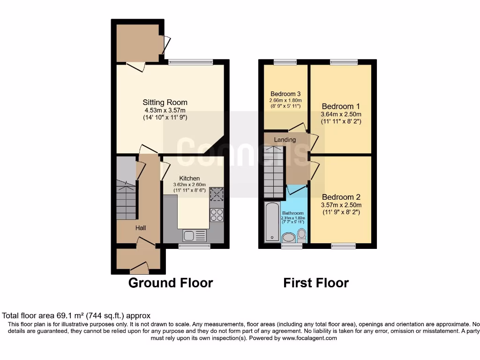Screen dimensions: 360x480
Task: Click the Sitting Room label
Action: (165, 102)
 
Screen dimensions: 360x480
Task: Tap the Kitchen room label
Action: (189, 178)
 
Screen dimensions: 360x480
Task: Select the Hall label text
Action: (141, 228)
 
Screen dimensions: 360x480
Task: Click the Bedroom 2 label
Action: (341, 197)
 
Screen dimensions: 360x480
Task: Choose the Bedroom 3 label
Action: (285, 94)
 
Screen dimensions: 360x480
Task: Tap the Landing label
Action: (285, 140)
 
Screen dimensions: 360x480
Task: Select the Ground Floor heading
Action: (171, 283)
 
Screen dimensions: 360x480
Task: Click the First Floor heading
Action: (316, 283)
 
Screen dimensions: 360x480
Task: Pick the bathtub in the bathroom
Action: (271, 222)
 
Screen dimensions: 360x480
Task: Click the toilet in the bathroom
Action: (302, 234)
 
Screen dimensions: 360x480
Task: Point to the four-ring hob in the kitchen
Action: (217, 215)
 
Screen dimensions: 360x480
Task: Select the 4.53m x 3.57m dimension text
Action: (165, 111)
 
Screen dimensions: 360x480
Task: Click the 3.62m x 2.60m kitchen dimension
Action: (189, 185)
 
